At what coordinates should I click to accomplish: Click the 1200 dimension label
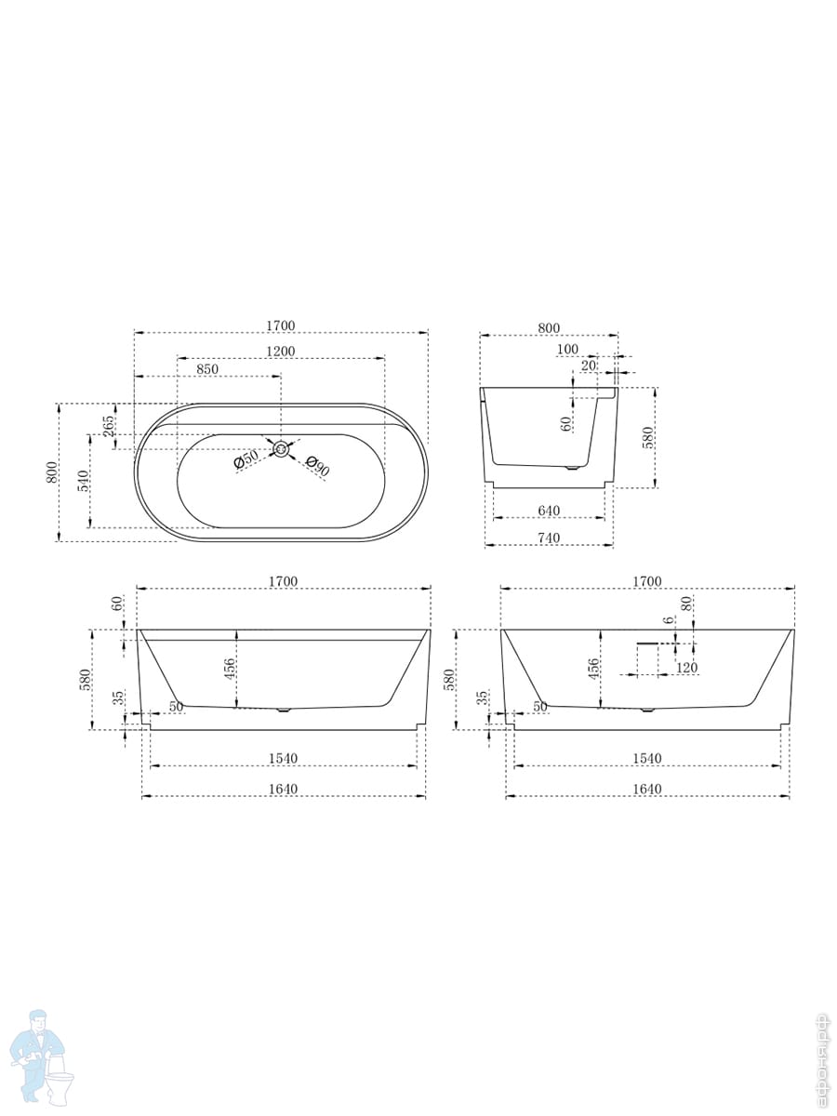(x=281, y=351)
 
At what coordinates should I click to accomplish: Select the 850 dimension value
(x=207, y=369)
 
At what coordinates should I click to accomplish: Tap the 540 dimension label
(x=84, y=481)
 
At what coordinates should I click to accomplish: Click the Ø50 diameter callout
(x=246, y=460)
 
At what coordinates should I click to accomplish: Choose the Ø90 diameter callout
(x=318, y=466)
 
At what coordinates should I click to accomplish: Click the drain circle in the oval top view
(x=281, y=449)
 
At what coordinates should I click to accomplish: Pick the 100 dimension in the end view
(x=567, y=350)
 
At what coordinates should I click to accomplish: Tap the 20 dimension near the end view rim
(x=589, y=365)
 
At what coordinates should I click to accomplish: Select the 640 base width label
(x=549, y=511)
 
